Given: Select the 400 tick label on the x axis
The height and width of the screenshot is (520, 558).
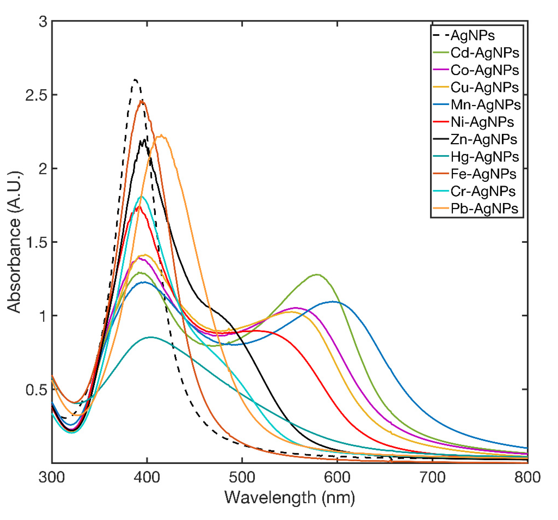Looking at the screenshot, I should pos(147,477).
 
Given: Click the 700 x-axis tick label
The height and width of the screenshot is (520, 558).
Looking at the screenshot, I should pos(432,477).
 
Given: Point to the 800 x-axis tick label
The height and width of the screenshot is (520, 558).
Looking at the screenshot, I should pos(527,477).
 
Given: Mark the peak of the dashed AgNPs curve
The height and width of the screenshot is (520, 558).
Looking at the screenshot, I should pos(136,80).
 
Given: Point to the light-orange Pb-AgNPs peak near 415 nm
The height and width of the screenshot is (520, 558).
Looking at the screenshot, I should pos(161,136).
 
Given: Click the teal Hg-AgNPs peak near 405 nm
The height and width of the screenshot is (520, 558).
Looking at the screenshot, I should pos(151,337).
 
